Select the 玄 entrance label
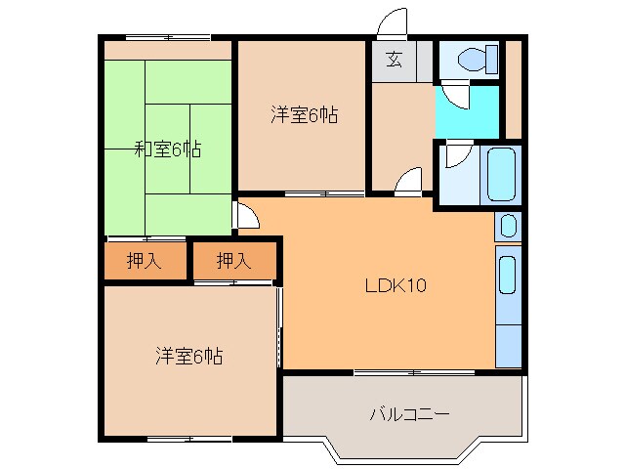click(x=393, y=59)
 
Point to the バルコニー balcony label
click(x=409, y=414)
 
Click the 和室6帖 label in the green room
click(x=168, y=149)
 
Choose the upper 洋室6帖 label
click(x=304, y=115)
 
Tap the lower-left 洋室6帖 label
click(x=187, y=357)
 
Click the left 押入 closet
click(x=146, y=261)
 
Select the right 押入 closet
click(x=233, y=261)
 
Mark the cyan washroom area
click(x=467, y=114)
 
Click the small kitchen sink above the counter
click(x=507, y=227)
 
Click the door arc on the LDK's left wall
click(x=245, y=216)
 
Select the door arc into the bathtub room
click(x=457, y=154)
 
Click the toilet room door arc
click(x=455, y=95)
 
